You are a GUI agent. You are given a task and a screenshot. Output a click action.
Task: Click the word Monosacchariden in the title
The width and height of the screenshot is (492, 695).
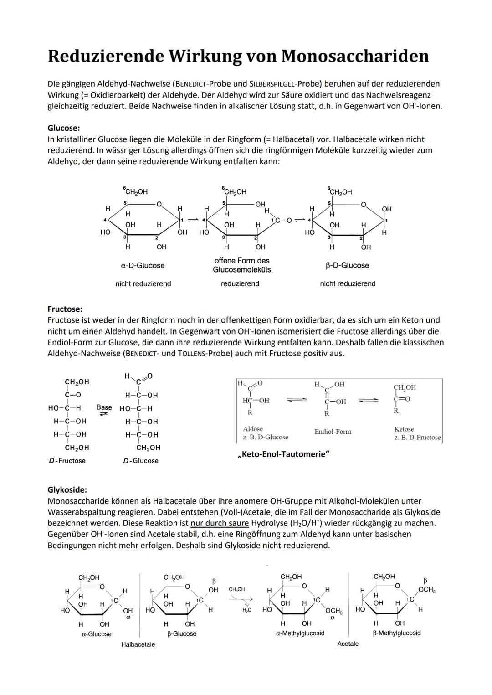pyautogui.click(x=355, y=56)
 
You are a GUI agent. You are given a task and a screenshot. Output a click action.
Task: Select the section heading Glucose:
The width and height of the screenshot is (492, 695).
pyautogui.click(x=64, y=128)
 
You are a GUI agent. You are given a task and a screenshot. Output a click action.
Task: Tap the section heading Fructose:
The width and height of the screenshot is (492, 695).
pyautogui.click(x=65, y=309)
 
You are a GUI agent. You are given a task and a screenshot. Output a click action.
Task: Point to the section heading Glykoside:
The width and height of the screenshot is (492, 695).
pyautogui.click(x=67, y=490)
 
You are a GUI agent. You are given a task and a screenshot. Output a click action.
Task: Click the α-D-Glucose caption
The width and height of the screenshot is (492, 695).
pyautogui.click(x=143, y=265)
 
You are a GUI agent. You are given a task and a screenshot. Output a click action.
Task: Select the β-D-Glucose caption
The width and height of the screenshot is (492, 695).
pyautogui.click(x=348, y=265)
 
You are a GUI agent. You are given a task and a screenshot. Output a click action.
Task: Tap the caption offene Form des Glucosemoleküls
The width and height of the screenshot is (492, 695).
pyautogui.click(x=242, y=265)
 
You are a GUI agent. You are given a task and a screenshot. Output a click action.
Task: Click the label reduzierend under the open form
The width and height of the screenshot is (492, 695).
pyautogui.click(x=240, y=283)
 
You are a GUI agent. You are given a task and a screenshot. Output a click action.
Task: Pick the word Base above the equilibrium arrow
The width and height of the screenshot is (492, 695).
pyautogui.click(x=104, y=407)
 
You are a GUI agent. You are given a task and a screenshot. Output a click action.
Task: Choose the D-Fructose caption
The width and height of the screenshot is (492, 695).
pyautogui.click(x=67, y=461)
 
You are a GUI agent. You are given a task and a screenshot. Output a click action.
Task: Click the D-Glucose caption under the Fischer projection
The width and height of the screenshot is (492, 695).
pyautogui.click(x=141, y=461)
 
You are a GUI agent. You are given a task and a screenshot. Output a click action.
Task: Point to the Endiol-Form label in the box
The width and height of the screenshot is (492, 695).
pyautogui.click(x=333, y=432)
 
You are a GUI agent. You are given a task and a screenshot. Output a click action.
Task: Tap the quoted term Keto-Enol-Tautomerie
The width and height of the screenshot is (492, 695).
pyautogui.click(x=283, y=454)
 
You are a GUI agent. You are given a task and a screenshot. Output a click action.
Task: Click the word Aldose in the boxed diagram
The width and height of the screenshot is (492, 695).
pyautogui.click(x=253, y=429)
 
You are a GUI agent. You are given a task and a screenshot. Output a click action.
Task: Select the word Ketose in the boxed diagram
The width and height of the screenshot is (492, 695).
pyautogui.click(x=404, y=429)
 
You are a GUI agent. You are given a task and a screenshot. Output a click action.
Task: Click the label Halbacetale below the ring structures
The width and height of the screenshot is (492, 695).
pyautogui.click(x=138, y=644)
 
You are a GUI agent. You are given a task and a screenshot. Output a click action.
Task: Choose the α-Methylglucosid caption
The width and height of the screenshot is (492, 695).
pyautogui.click(x=300, y=633)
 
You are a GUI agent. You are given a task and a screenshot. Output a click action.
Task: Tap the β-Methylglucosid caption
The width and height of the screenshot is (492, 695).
pyautogui.click(x=397, y=633)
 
